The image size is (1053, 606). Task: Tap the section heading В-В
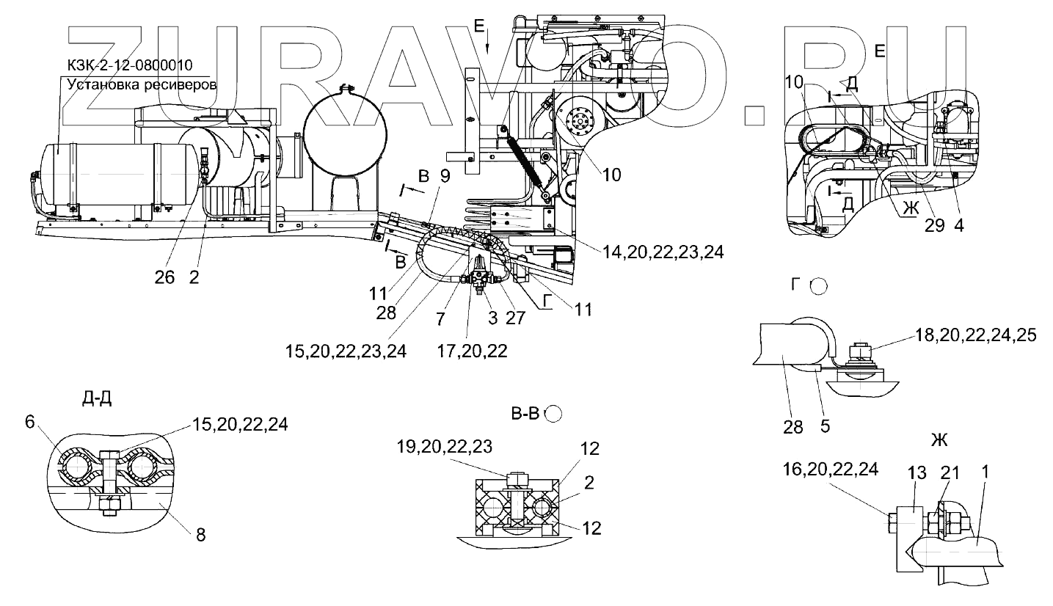coord(525,415)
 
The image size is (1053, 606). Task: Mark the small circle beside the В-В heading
coord(553,415)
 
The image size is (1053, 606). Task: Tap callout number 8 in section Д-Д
coord(200,535)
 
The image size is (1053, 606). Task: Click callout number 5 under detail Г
coord(826,426)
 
